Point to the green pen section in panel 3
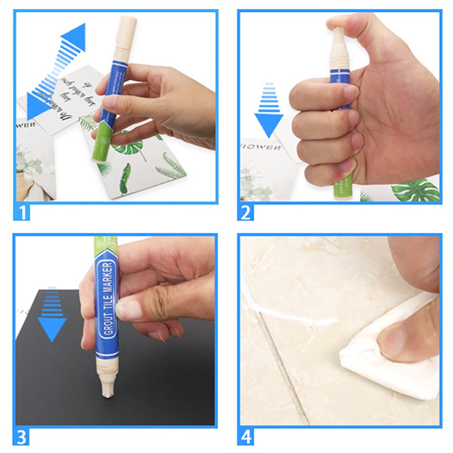pos(105,247)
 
